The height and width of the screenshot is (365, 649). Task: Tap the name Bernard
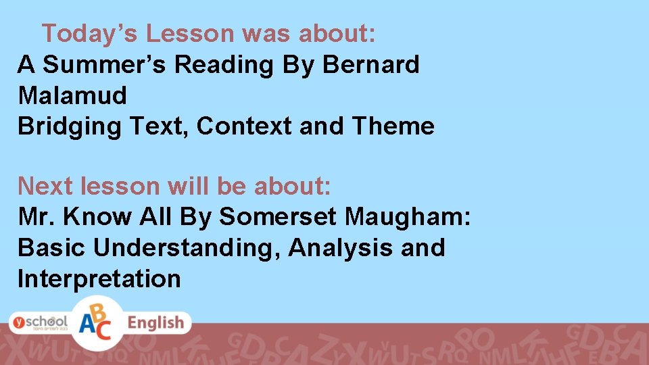[x=371, y=64]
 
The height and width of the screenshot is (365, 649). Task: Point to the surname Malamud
[x=72, y=95]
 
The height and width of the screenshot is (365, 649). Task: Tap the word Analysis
[x=340, y=248]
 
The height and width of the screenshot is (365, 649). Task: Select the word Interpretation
[x=99, y=278]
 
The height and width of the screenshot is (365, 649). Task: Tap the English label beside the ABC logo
[x=156, y=323]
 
